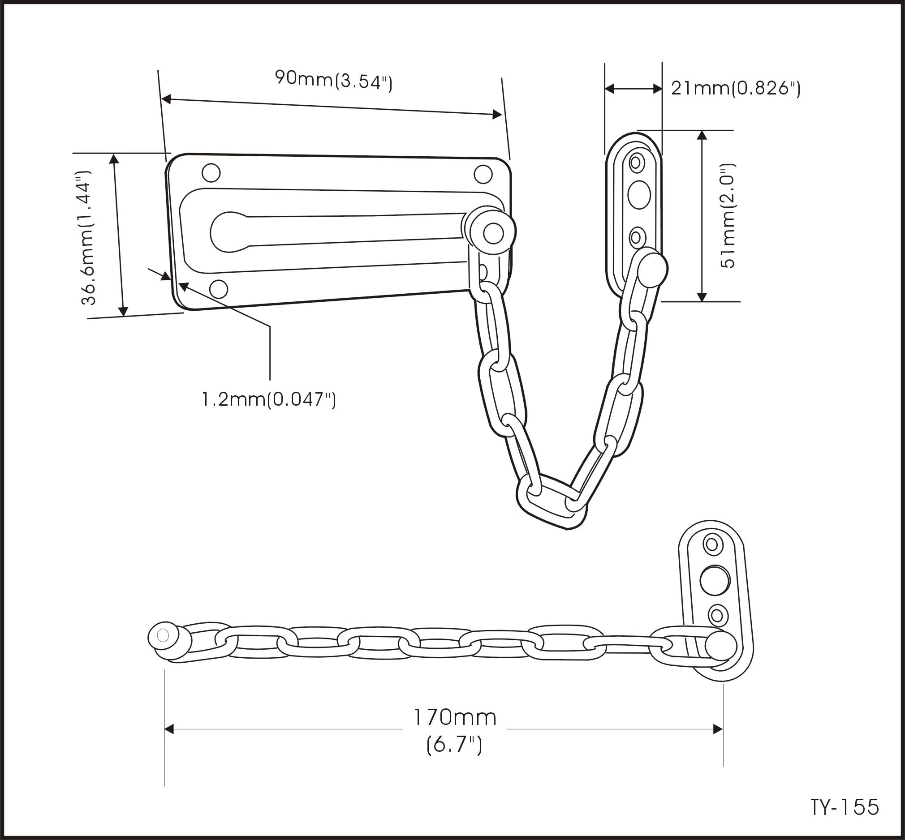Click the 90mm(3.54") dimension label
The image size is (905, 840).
pos(333,81)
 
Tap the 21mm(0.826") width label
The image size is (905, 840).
pos(735,89)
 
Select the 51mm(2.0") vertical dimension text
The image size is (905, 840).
pos(728,215)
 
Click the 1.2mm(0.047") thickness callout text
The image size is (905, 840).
pos(268,399)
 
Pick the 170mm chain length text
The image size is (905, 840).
pos(454,718)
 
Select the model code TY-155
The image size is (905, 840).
pos(845,807)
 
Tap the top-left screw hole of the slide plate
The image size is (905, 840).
pos(211,173)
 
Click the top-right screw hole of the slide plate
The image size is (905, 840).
pos(483,174)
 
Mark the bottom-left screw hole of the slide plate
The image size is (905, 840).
pos(218,289)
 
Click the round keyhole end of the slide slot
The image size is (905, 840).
pos(228,232)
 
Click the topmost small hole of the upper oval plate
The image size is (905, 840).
pos(637,162)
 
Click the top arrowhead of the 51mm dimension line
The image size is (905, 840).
pos(702,135)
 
